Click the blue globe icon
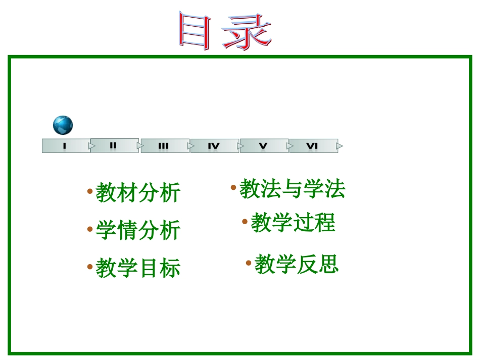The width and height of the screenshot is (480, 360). (x=63, y=125)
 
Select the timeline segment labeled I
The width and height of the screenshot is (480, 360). (x=65, y=146)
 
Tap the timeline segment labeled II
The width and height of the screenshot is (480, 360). (x=114, y=146)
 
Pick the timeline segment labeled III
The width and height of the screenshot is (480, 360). (x=163, y=146)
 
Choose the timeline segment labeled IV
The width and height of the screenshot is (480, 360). (x=214, y=146)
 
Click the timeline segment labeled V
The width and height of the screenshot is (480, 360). (x=263, y=146)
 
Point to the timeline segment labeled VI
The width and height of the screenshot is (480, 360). (x=312, y=146)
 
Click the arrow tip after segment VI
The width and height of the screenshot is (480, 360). (x=340, y=146)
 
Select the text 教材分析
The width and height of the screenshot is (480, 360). (x=138, y=193)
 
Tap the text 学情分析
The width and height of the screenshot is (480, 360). (x=138, y=231)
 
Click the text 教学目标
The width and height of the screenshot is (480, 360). (x=138, y=268)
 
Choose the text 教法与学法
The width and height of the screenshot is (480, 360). (x=292, y=189)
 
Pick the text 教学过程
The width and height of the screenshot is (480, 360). (x=293, y=223)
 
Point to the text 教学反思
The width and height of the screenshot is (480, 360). (x=296, y=264)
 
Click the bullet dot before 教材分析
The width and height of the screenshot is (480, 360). (x=89, y=191)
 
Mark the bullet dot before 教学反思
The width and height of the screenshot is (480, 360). (x=249, y=263)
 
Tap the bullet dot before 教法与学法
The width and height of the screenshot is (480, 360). (x=233, y=188)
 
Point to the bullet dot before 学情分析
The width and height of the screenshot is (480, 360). (x=89, y=229)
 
